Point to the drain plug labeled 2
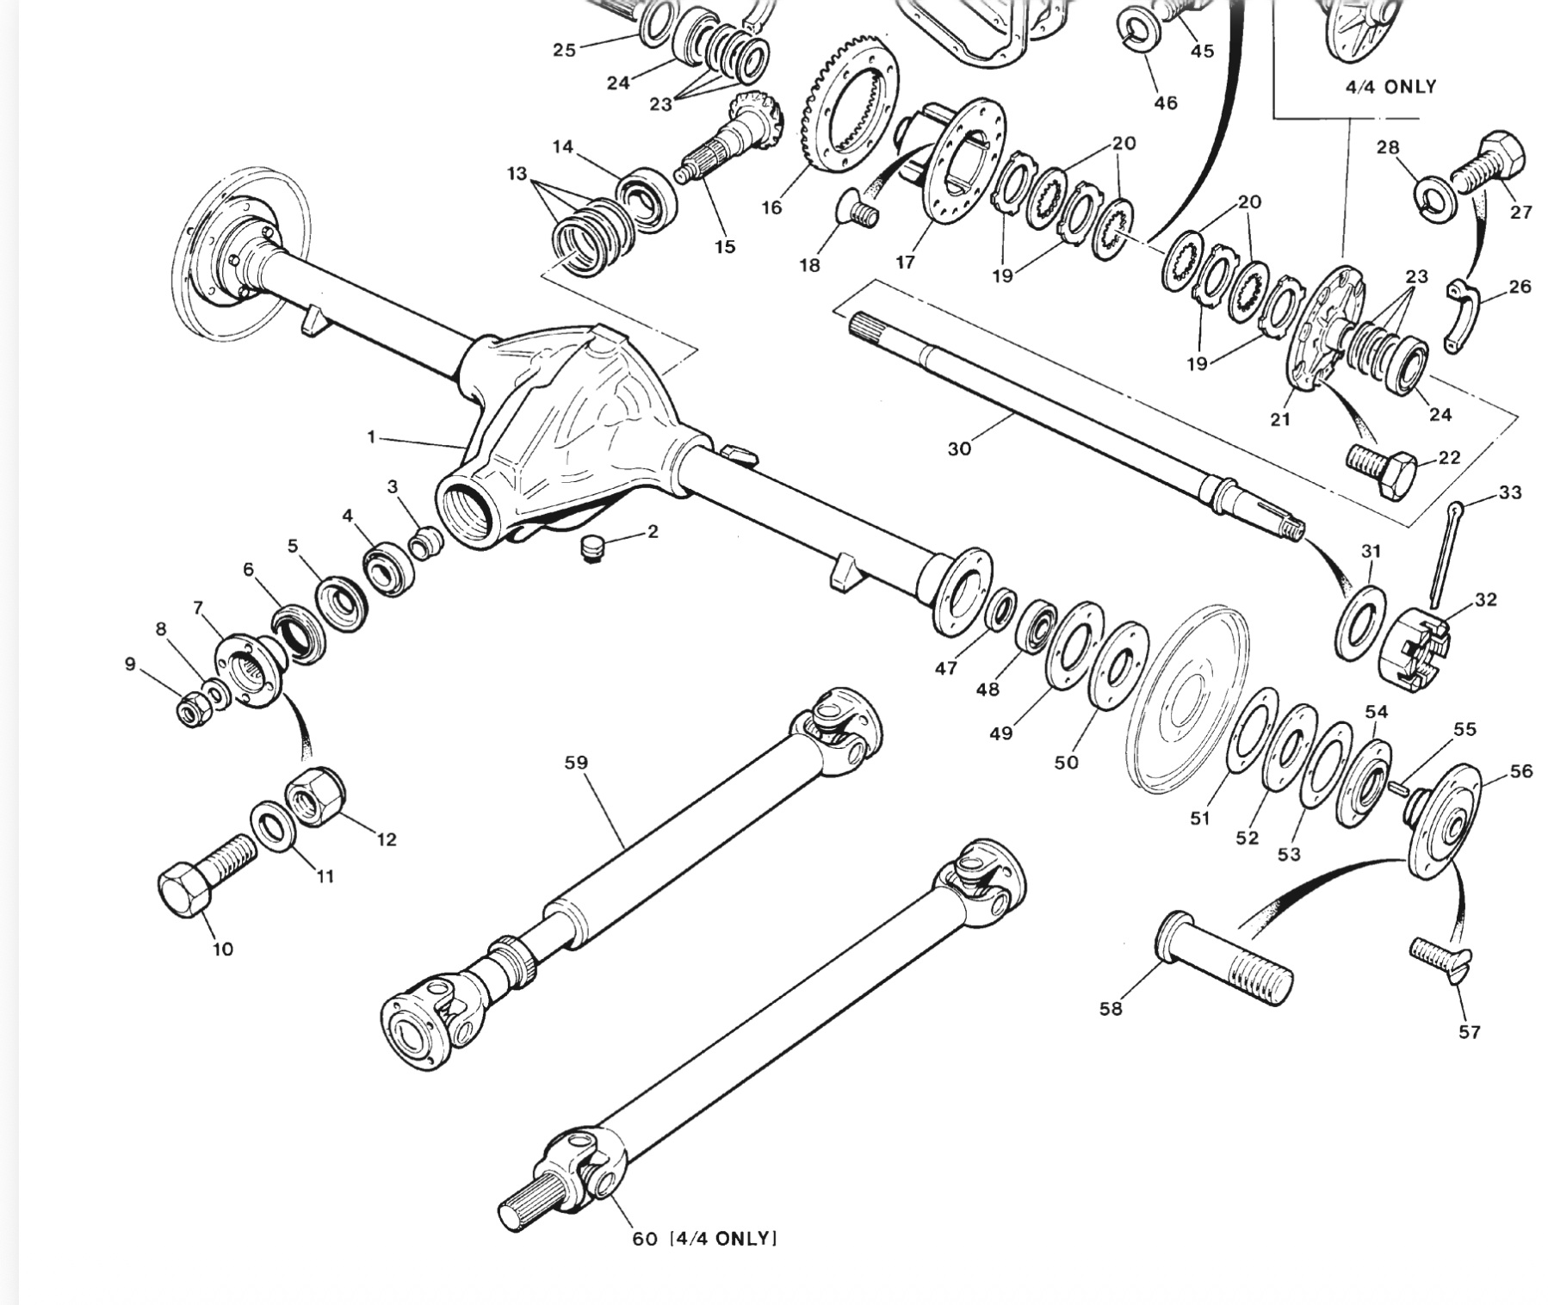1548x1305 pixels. click(x=591, y=547)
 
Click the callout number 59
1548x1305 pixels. click(x=576, y=763)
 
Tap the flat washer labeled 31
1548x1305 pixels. click(x=1360, y=625)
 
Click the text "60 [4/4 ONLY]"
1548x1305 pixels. click(x=704, y=1239)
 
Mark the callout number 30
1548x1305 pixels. click(x=959, y=448)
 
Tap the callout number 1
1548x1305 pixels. click(x=371, y=437)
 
